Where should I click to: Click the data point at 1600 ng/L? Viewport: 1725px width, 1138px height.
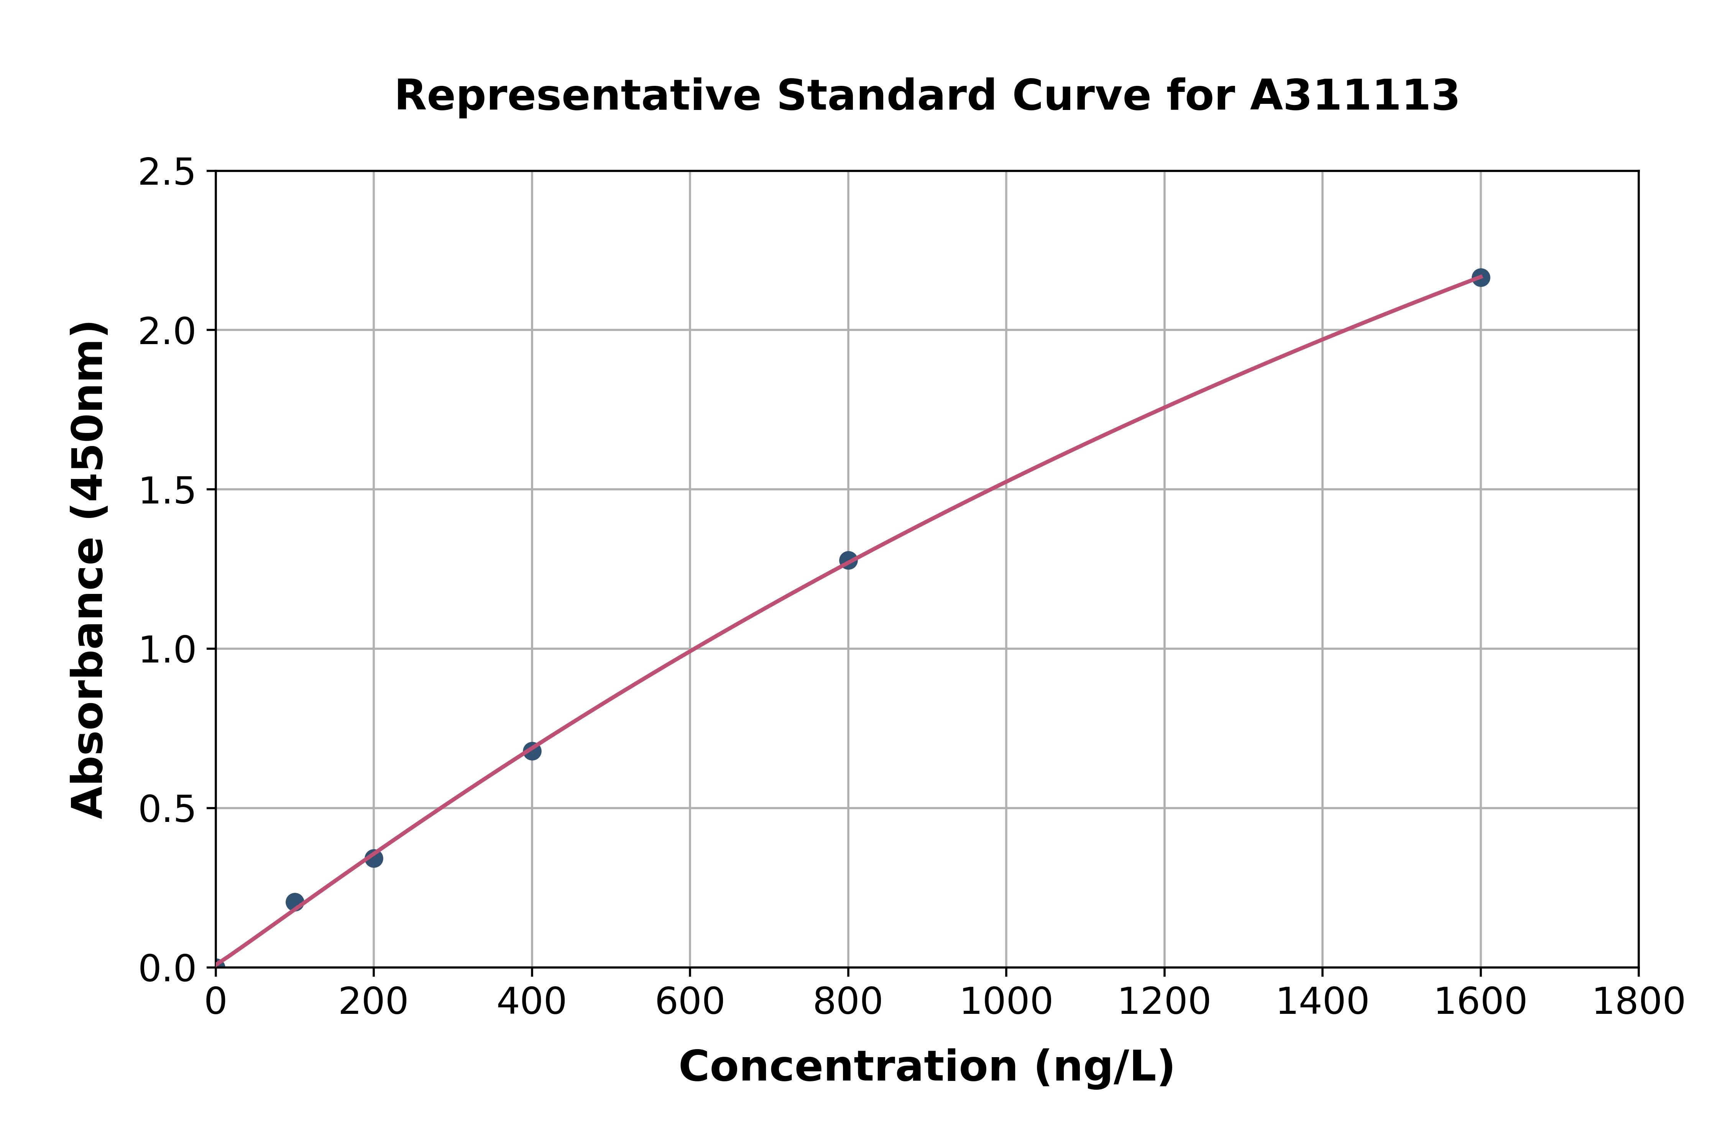1480,277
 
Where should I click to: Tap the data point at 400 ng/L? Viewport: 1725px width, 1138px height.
532,751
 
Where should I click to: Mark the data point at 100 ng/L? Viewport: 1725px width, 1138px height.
295,902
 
